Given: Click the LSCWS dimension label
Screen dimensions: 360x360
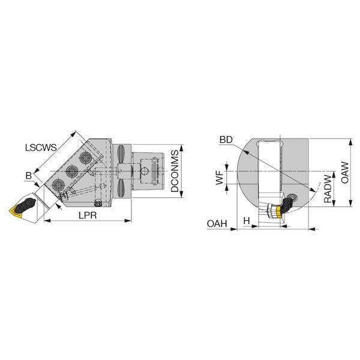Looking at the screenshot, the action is (41, 148).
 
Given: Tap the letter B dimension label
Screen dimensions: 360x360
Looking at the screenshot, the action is (29, 176).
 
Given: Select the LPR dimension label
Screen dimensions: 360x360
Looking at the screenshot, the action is (88, 215).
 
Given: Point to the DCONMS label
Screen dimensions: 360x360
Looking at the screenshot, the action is (175, 171).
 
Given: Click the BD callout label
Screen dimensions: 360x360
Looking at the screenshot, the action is (226, 140).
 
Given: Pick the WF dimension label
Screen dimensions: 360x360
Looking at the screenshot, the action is (220, 178).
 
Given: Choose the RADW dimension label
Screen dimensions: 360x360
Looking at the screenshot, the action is (328, 189).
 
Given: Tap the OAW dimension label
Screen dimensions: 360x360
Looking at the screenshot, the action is (344, 172).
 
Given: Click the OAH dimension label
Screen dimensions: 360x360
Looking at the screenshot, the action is (217, 224).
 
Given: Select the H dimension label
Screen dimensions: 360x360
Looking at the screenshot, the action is (247, 221).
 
